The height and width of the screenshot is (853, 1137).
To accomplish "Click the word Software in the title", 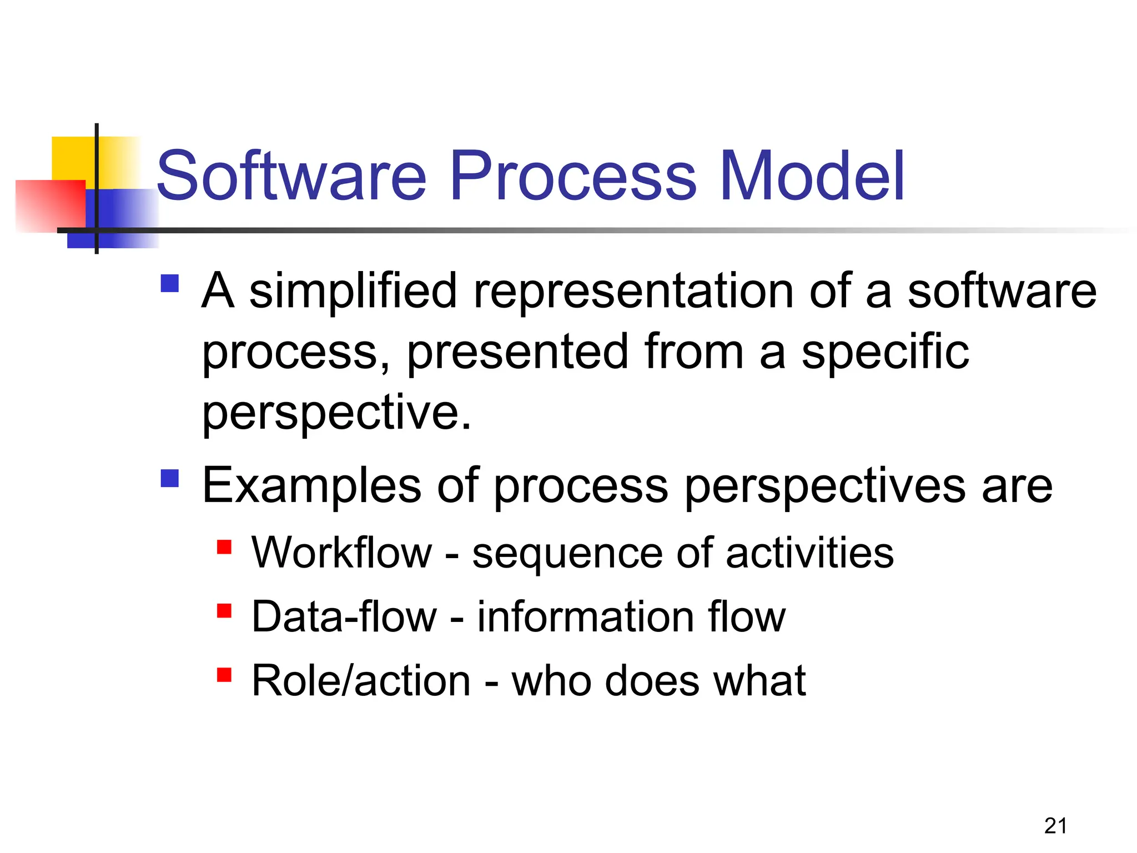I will point(291,176).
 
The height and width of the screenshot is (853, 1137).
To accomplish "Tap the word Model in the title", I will point(812,176).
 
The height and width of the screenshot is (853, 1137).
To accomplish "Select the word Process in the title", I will point(573,176).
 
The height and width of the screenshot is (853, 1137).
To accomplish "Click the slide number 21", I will point(1055,826).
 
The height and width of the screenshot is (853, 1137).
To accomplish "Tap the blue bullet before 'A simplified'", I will point(170,284).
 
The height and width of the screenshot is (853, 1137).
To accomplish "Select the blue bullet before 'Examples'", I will point(170,478).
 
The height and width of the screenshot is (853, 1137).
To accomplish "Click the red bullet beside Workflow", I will point(224,547).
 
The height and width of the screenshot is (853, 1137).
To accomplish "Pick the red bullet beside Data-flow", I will point(224,611).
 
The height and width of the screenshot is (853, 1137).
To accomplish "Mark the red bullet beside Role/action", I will point(224,675).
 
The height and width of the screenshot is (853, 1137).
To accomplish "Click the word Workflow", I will point(341,553).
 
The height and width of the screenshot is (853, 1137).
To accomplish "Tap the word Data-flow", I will point(344,617).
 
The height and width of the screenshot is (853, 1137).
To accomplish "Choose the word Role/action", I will point(361,681).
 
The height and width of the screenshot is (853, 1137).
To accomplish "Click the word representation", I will point(633,292).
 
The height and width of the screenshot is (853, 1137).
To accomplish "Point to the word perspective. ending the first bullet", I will point(336,413).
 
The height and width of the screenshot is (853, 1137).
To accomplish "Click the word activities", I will point(810,553).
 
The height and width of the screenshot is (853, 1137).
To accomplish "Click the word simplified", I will point(353,292).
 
